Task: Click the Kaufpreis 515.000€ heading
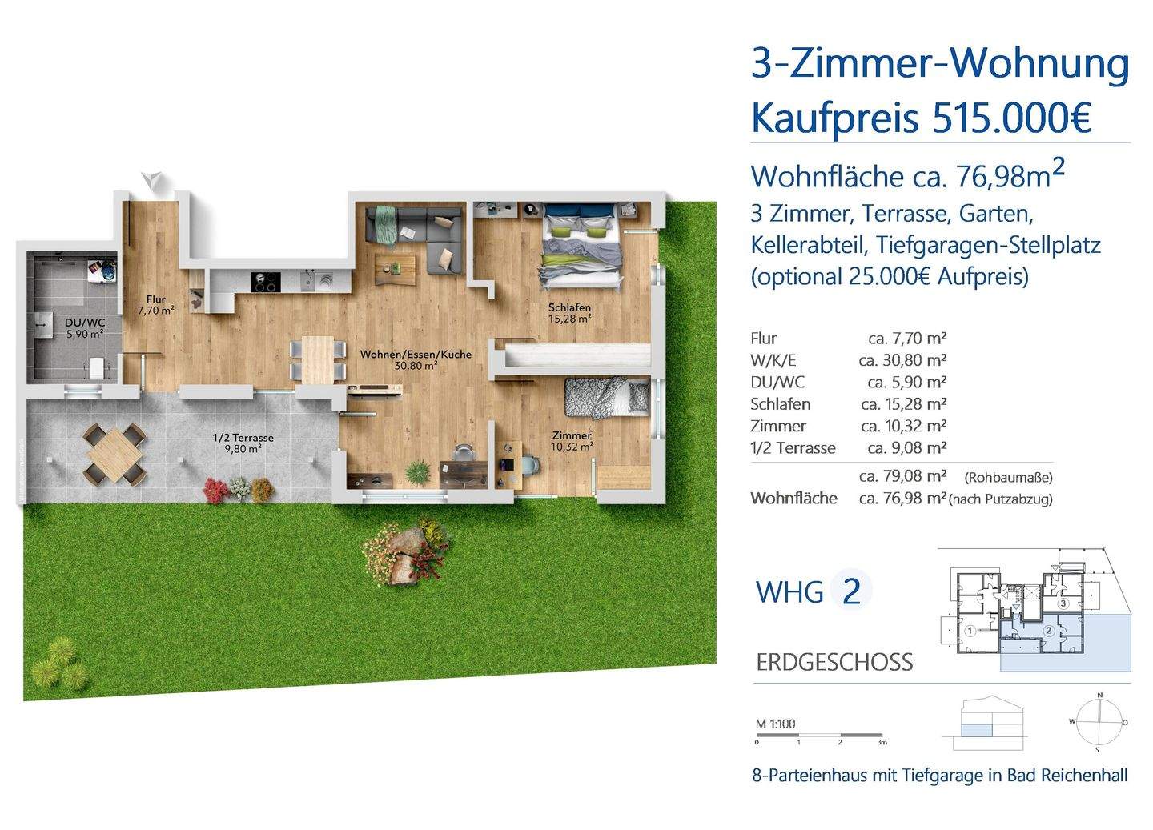[920, 118]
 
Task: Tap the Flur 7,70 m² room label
[155, 305]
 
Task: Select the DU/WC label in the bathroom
[84, 328]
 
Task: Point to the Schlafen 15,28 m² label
[569, 313]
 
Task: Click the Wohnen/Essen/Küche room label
[415, 359]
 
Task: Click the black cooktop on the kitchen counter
[265, 282]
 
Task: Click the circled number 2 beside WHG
[851, 591]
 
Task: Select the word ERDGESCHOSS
[834, 663]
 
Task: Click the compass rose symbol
[1099, 721]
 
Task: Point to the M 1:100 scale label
[776, 724]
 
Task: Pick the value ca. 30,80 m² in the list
[902, 360]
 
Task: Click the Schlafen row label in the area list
[780, 404]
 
